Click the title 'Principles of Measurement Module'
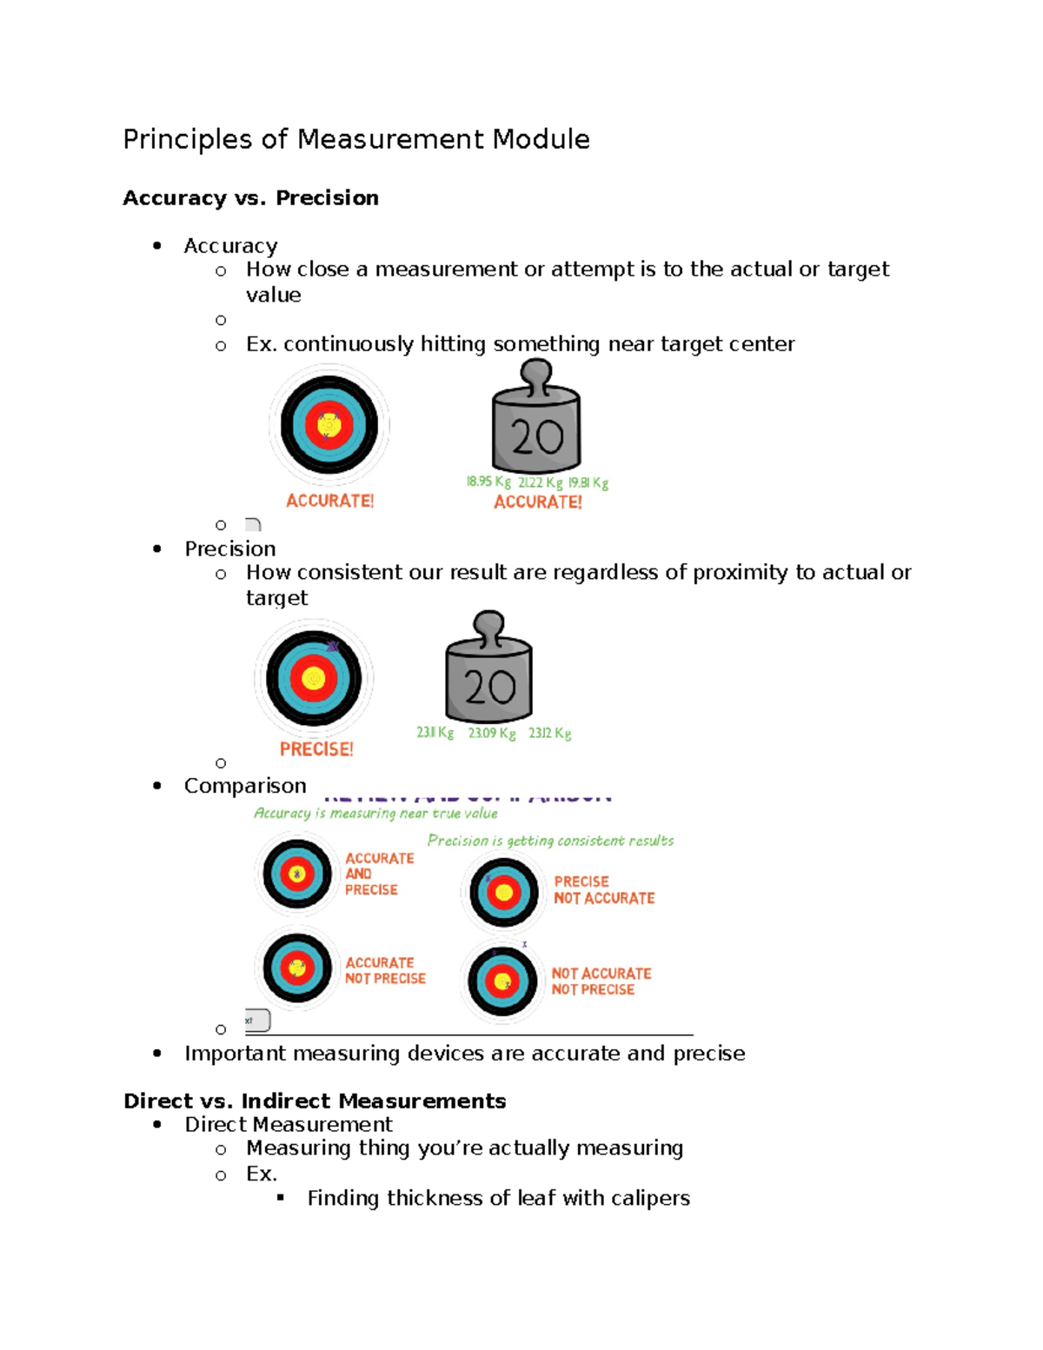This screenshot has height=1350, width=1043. [355, 139]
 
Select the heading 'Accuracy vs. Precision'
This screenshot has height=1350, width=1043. [250, 198]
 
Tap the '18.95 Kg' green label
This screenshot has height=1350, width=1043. [488, 482]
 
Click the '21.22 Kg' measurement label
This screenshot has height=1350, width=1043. [541, 482]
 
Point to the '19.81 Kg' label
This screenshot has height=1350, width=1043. [588, 482]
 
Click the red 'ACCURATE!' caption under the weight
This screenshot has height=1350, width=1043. [538, 502]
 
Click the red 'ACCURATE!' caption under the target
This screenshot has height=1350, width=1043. [329, 502]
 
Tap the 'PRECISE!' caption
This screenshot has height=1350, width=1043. [316, 749]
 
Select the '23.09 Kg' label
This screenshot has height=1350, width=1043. [492, 733]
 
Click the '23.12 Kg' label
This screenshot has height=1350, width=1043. [550, 733]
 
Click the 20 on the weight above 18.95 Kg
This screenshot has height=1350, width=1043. [536, 437]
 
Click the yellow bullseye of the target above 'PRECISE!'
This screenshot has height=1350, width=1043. [314, 679]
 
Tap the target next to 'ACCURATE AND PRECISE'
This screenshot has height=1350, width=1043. [297, 874]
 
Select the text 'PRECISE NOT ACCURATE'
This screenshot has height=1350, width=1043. [604, 890]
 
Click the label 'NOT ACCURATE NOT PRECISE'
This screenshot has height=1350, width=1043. [601, 981]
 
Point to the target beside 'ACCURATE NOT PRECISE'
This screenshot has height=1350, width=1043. [297, 968]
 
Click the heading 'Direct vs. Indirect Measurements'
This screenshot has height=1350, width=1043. [315, 1101]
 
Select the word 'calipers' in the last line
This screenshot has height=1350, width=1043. [650, 1198]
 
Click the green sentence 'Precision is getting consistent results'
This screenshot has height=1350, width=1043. [550, 841]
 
